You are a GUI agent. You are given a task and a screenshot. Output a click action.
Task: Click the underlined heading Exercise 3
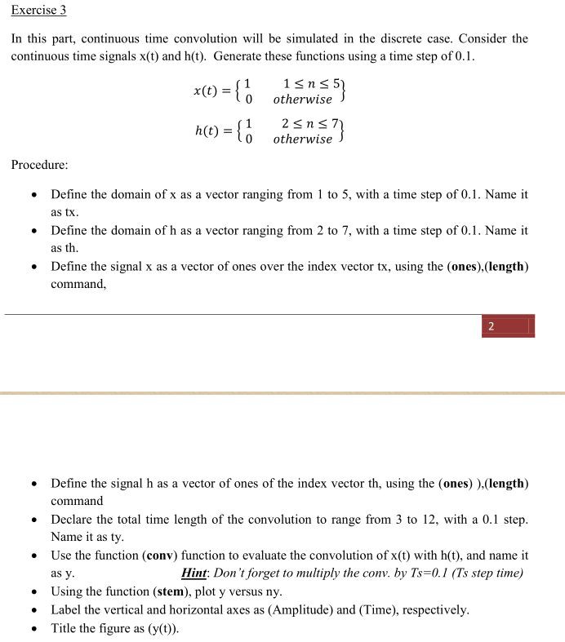[38, 11]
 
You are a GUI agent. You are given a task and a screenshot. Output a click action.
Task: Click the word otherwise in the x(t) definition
[302, 100]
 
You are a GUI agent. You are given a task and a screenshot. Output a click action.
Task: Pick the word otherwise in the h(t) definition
[302, 139]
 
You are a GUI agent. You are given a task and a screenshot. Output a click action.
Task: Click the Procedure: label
[39, 165]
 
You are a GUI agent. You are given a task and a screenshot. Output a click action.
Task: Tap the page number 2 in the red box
[491, 327]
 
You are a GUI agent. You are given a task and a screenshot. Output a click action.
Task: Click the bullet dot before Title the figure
[33, 629]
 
